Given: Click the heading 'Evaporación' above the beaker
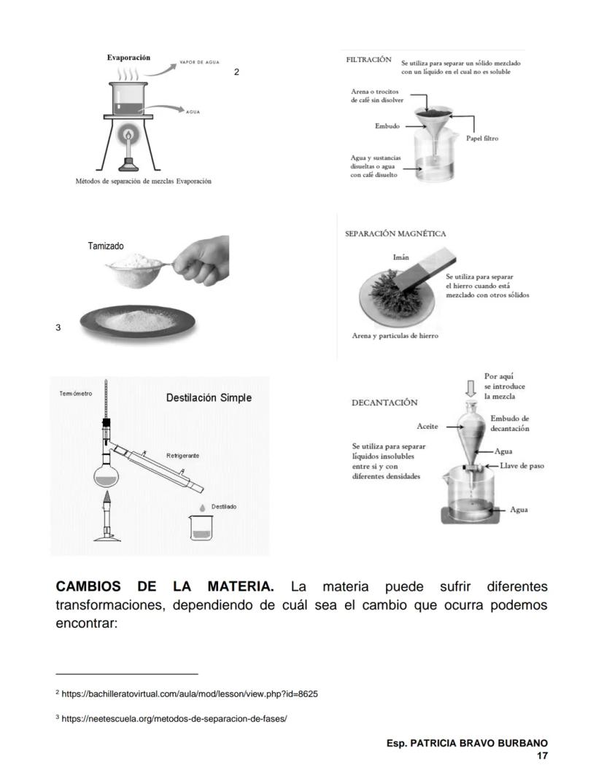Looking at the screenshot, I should point(128,58).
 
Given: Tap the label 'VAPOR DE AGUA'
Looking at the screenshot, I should point(199,63).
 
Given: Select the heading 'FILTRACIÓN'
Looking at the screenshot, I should point(368,60).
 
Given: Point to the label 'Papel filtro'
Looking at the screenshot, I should point(482,138).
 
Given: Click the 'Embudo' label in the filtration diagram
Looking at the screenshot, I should point(387,126).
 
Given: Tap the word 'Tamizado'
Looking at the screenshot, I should point(106,246).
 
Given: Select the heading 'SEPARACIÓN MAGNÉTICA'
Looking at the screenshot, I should point(395,234).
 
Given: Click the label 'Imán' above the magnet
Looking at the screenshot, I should point(400,257).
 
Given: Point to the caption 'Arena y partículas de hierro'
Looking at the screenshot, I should point(395,335).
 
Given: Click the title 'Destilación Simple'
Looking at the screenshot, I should point(209,397).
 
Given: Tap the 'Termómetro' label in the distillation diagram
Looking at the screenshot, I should point(76,394).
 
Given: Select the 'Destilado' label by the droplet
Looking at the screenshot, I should point(224,506).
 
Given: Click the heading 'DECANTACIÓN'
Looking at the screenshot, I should point(384,403).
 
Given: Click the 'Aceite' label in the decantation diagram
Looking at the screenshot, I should point(427,426).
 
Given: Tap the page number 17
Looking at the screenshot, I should point(542,755).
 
